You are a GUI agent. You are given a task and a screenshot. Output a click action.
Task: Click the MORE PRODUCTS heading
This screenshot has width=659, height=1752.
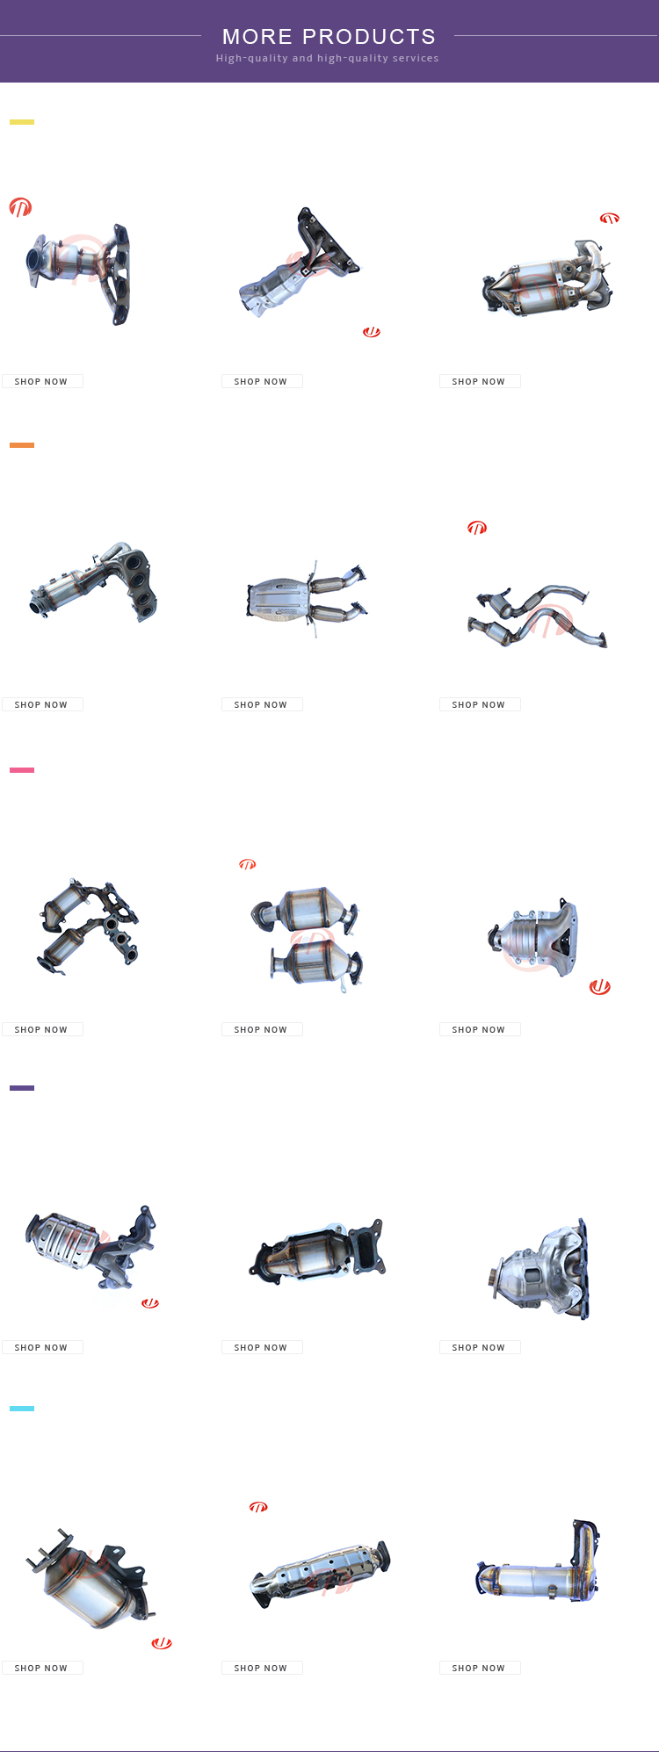329,37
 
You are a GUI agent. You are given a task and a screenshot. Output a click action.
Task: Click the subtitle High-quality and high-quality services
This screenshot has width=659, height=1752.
328,59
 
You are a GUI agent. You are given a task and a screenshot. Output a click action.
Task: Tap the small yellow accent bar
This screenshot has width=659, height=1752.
22,122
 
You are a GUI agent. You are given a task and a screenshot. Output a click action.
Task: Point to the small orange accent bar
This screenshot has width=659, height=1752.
22,445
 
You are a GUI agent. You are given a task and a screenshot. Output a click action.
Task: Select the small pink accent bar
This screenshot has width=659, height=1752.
22,770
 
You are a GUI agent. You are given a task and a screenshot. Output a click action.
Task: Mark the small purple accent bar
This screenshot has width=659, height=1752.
22,1088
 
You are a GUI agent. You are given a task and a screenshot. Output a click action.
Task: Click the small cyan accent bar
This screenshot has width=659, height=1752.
22,1409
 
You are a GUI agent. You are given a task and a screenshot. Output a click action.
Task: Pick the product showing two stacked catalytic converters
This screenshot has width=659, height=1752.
307,938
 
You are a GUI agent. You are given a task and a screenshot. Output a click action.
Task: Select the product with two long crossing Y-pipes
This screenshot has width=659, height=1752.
538,616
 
